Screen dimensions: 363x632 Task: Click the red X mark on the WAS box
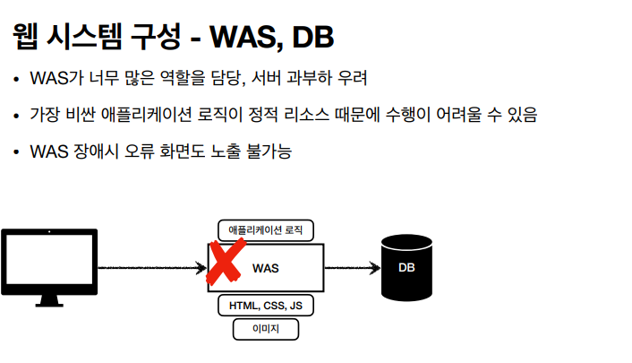pyautogui.click(x=227, y=261)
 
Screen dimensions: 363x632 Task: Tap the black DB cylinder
pyautogui.click(x=406, y=267)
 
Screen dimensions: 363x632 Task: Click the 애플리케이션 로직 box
pyautogui.click(x=266, y=230)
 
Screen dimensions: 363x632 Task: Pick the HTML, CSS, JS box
pyautogui.click(x=266, y=306)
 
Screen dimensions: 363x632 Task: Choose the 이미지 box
pyautogui.click(x=266, y=330)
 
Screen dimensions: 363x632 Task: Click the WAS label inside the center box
pyautogui.click(x=266, y=268)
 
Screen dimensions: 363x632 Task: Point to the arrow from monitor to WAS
pyautogui.click(x=152, y=268)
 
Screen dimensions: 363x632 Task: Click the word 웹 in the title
pyautogui.click(x=25, y=38)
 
